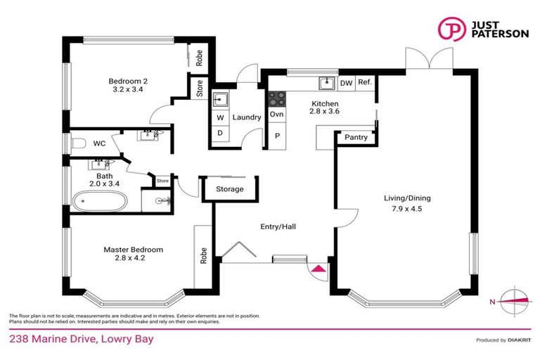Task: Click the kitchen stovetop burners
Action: click(276, 98)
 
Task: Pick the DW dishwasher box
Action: click(345, 83)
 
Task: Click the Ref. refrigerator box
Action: click(364, 83)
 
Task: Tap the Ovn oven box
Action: click(276, 114)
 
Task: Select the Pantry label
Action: click(356, 138)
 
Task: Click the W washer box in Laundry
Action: click(219, 117)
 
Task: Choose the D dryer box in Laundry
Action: click(219, 133)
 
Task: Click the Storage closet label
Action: click(230, 189)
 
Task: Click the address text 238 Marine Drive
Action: click(80, 340)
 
